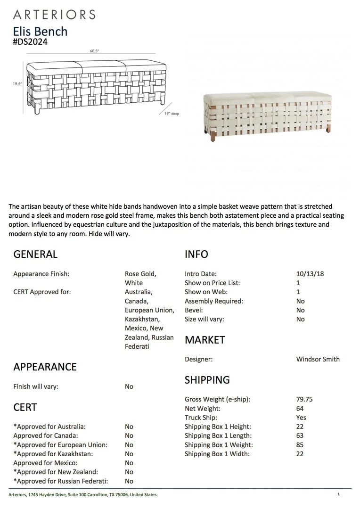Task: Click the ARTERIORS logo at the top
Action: (x=54, y=14)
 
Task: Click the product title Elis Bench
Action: (x=41, y=32)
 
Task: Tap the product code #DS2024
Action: (x=30, y=41)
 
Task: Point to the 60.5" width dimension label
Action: (x=94, y=51)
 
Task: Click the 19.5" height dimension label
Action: (x=17, y=84)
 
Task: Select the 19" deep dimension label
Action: (x=172, y=114)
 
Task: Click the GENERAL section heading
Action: (x=35, y=254)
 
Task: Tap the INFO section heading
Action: (x=196, y=254)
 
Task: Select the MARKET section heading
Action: (x=205, y=340)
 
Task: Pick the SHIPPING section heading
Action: (x=207, y=380)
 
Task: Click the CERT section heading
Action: (x=25, y=407)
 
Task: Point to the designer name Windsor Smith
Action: (x=318, y=359)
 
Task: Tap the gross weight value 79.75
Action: (x=304, y=399)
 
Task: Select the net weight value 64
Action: (x=300, y=409)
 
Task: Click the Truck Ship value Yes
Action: (x=301, y=418)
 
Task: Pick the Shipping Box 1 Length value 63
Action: (x=300, y=436)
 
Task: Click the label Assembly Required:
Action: (x=214, y=301)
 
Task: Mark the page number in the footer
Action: (x=338, y=494)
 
